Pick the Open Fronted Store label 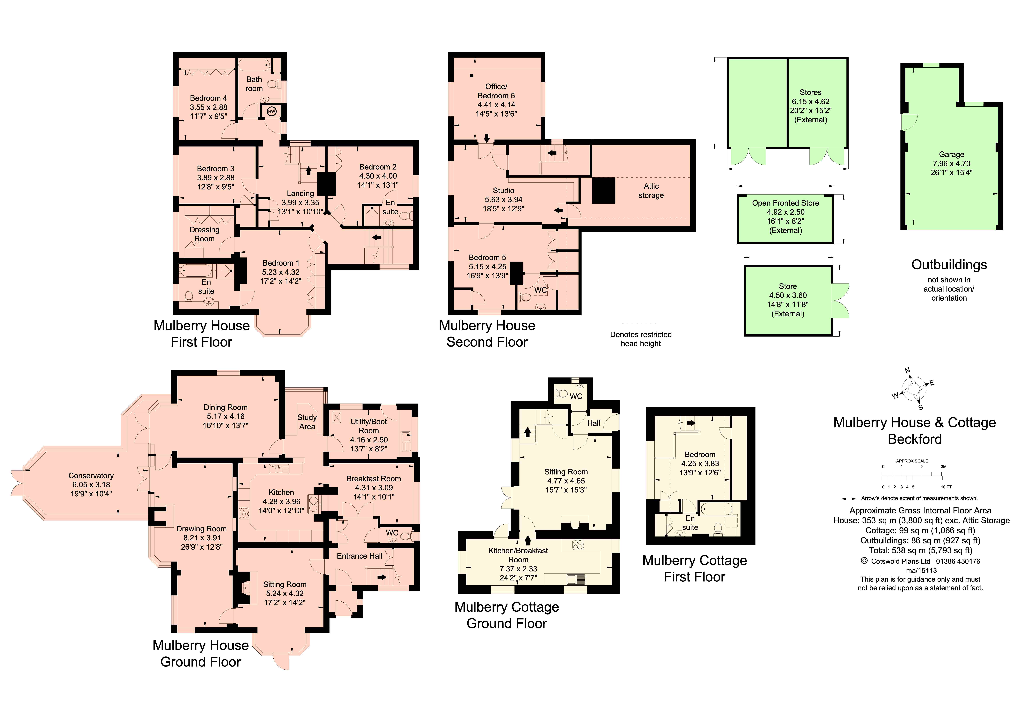pyautogui.click(x=785, y=203)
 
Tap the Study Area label pyautogui.click(x=307, y=422)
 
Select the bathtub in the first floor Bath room pyautogui.click(x=254, y=66)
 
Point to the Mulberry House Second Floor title pyautogui.click(x=487, y=334)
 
